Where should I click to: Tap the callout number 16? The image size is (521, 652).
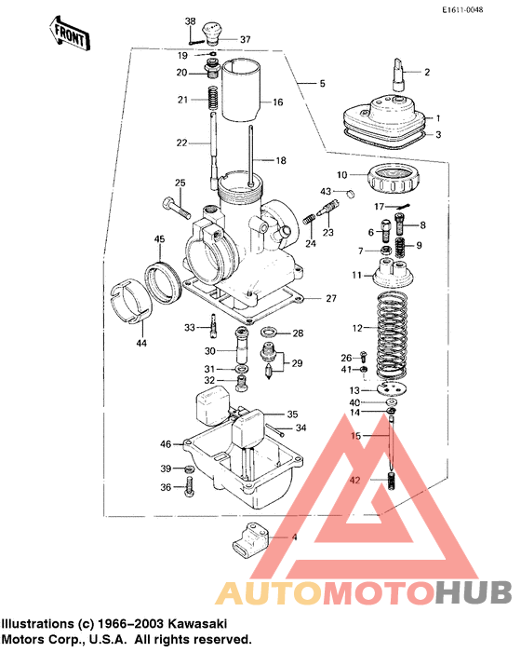276,102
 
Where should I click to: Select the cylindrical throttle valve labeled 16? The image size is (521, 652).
243,89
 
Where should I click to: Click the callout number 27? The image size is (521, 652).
329,298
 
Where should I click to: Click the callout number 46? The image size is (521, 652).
166,443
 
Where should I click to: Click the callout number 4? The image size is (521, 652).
294,538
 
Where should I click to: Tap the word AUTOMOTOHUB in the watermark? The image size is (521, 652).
364,592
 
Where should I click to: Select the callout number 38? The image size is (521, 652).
190,22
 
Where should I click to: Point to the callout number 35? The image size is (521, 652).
292,414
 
